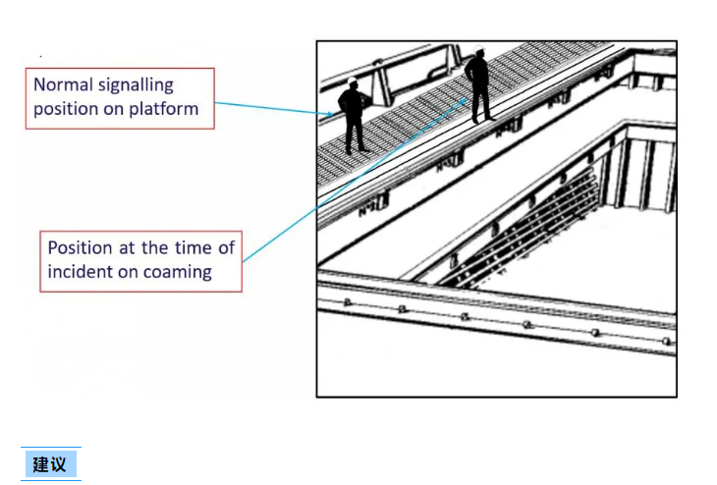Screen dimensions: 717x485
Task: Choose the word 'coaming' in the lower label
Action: pyautogui.click(x=178, y=273)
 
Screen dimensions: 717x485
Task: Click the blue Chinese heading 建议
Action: pyautogui.click(x=50, y=465)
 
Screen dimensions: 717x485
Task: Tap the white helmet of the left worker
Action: pyautogui.click(x=352, y=81)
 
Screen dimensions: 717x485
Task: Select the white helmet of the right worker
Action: pyautogui.click(x=478, y=49)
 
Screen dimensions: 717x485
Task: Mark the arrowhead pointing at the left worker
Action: pyautogui.click(x=330, y=113)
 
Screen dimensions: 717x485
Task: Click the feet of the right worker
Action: pyautogui.click(x=483, y=119)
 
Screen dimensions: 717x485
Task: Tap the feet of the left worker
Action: pyautogui.click(x=357, y=149)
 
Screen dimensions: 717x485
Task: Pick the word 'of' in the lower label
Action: pyautogui.click(x=226, y=247)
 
